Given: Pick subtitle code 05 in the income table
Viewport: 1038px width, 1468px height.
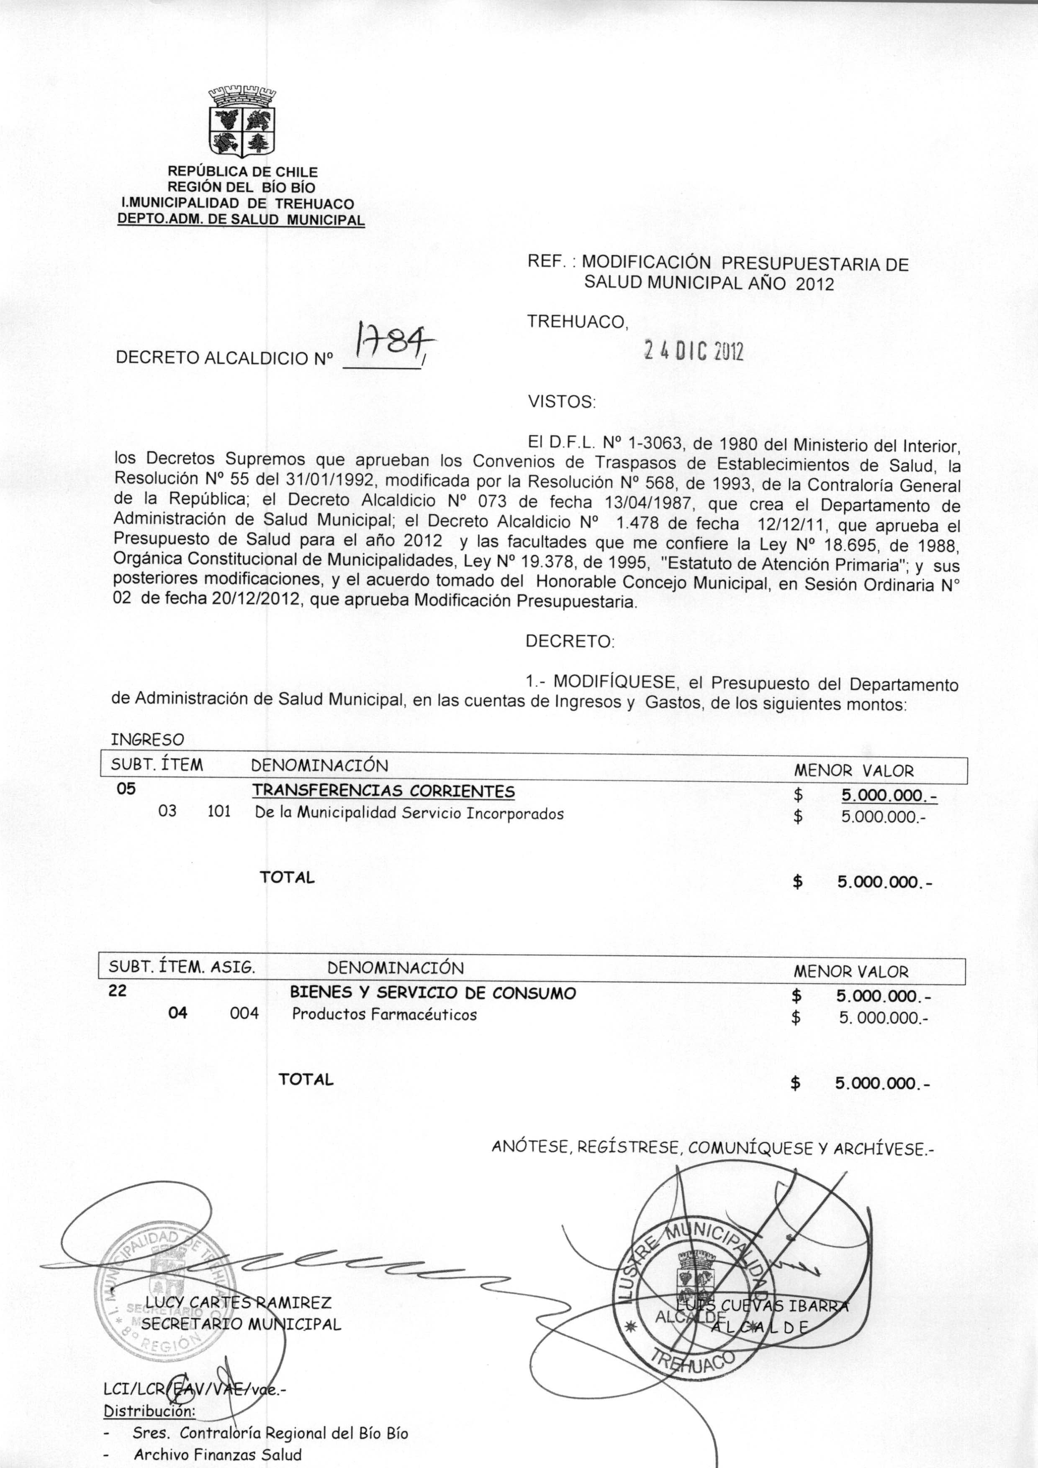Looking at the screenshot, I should click(x=126, y=789).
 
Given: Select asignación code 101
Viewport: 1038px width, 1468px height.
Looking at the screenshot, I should click(x=220, y=813).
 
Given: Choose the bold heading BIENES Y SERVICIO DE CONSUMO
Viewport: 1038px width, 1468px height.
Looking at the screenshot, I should click(x=433, y=993).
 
